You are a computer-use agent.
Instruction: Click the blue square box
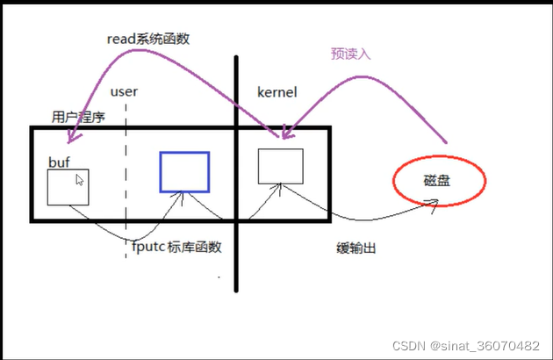pos(184,171)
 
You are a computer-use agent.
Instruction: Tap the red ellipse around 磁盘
pos(438,183)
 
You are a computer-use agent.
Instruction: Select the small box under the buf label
pos(68,187)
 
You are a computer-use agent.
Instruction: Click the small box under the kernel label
pos(281,166)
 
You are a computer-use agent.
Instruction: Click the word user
pos(124,91)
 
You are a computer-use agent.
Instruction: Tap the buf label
pos(59,162)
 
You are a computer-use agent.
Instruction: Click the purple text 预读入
pos(351,54)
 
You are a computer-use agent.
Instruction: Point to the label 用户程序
pos(79,116)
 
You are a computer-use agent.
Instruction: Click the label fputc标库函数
pos(176,247)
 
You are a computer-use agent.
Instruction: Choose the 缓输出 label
pos(356,248)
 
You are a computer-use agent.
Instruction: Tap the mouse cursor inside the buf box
pos(80,180)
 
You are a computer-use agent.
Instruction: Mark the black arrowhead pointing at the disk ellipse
pos(431,203)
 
